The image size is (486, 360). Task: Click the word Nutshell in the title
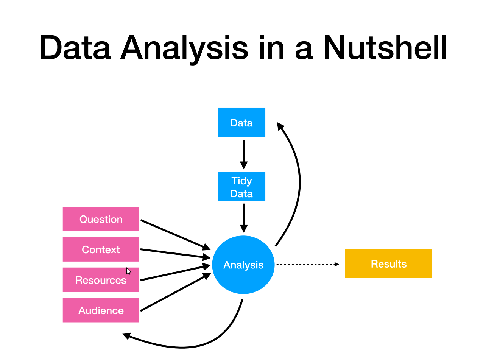385,47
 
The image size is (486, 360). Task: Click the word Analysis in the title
184,50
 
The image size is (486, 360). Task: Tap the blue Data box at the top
241,122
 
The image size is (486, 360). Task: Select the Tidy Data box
241,186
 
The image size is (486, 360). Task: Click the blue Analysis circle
243,265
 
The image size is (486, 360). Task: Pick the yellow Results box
388,263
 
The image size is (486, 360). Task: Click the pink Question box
101,219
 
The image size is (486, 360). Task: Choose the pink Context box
101,249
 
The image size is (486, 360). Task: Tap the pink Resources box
101,279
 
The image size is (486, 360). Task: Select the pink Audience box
101,310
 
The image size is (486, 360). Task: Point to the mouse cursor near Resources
128,271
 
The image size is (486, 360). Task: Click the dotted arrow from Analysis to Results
308,264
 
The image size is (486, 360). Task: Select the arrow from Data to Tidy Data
244,154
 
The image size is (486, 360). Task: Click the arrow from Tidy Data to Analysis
244,218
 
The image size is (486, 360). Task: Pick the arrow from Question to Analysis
175,235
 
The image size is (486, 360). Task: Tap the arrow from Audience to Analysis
175,292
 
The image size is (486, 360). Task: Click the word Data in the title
75,47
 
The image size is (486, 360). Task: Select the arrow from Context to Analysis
175,254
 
